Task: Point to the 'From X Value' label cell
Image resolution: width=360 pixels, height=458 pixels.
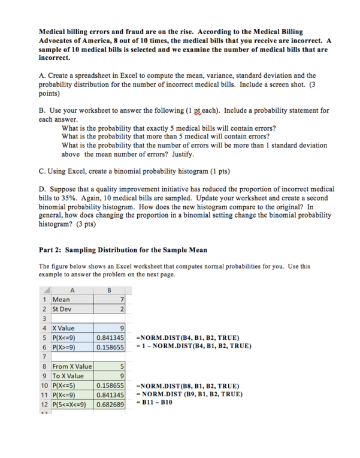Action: tap(72, 366)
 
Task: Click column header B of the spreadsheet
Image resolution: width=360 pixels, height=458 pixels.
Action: tap(109, 290)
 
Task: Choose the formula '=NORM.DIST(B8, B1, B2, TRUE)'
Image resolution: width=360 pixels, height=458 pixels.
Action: tap(187, 385)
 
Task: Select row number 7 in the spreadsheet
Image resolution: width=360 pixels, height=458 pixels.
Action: tap(44, 357)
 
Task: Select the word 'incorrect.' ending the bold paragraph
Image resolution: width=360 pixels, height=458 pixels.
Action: tap(55, 59)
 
